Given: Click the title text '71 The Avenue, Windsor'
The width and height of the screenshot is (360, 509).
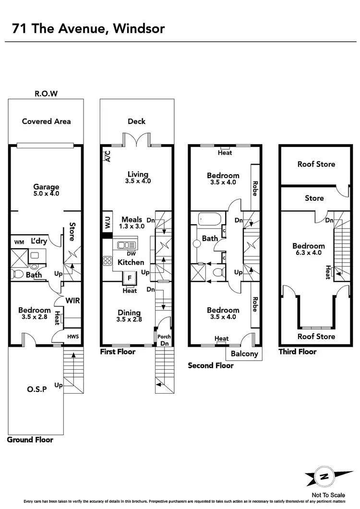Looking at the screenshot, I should click(88, 29).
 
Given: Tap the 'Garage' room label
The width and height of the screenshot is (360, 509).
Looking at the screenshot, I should click(46, 187).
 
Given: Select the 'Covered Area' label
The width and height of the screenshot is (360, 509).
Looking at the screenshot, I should click(46, 121).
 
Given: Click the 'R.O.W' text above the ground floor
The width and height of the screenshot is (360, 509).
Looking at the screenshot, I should click(46, 94).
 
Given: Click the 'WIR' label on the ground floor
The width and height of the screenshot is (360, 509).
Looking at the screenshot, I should click(73, 301).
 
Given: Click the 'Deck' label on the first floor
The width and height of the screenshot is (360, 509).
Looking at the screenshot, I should click(136, 121).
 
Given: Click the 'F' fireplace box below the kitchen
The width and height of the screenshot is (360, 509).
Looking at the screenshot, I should click(130, 278).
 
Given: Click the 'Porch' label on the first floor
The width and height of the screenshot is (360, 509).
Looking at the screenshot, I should click(164, 336).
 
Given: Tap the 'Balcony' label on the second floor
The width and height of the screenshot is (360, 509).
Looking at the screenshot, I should click(244, 354).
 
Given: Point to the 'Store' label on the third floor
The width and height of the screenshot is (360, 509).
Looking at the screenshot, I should click(314, 198).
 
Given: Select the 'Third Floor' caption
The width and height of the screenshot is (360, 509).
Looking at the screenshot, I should click(297, 352).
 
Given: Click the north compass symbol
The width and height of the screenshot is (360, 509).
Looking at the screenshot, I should click(325, 477).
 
